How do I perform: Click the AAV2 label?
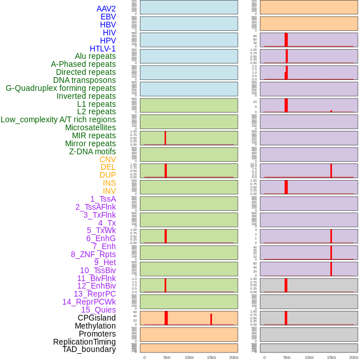point(106,9)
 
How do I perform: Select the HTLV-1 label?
point(103,49)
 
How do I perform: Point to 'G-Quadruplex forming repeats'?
point(61,88)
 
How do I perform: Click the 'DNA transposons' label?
point(85,80)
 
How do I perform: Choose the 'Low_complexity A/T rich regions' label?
point(58,119)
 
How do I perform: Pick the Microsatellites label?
point(90,127)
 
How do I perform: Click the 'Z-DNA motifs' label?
point(93,151)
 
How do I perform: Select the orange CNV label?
point(107,159)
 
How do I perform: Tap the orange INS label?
point(109,183)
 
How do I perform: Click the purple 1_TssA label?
point(103,199)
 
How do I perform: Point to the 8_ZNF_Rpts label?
point(93,254)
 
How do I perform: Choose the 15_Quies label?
point(98,310)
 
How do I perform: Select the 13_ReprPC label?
point(94,294)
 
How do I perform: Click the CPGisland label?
point(97,318)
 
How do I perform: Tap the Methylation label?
point(95,326)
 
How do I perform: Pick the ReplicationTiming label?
point(85,342)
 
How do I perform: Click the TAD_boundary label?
point(89,349)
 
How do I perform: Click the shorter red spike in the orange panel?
point(211,319)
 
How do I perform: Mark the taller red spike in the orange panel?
point(166,318)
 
